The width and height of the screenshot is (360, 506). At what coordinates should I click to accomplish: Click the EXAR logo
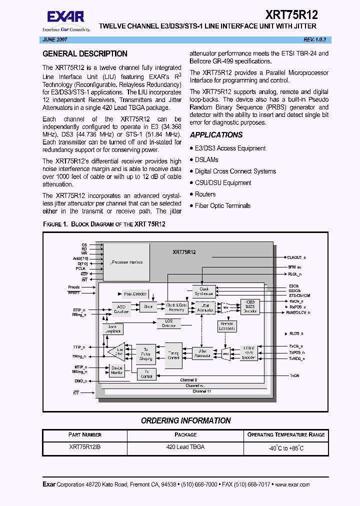pyautogui.click(x=65, y=18)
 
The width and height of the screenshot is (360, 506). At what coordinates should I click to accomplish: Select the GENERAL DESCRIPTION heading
pyautogui.click(x=85, y=54)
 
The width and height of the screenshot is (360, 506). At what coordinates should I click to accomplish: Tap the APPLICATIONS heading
pyautogui.click(x=216, y=135)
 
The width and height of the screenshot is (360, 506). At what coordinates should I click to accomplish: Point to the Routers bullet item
pyautogui.click(x=205, y=194)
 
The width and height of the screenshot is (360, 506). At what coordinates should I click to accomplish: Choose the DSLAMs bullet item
pyautogui.click(x=206, y=159)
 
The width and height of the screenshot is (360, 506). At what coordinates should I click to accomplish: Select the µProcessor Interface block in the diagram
pyautogui.click(x=126, y=262)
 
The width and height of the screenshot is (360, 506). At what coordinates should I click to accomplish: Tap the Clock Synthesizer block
pyautogui.click(x=204, y=291)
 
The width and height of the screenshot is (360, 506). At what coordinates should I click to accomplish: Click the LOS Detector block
pyautogui.click(x=169, y=323)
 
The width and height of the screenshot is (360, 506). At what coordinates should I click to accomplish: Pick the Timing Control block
pyautogui.click(x=174, y=355)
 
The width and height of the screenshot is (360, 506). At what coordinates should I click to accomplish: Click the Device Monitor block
pyautogui.click(x=117, y=370)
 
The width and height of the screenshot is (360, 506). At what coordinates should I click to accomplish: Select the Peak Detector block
pyautogui.click(x=134, y=294)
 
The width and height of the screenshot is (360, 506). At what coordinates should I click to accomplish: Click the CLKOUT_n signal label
pyautogui.click(x=296, y=257)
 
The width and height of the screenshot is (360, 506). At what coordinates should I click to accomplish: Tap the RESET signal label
pyautogui.click(x=74, y=292)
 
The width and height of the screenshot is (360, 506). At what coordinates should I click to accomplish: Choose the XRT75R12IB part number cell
pyautogui.click(x=84, y=447)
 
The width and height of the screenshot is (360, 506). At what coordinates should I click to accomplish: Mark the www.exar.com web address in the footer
pyautogui.click(x=292, y=484)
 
